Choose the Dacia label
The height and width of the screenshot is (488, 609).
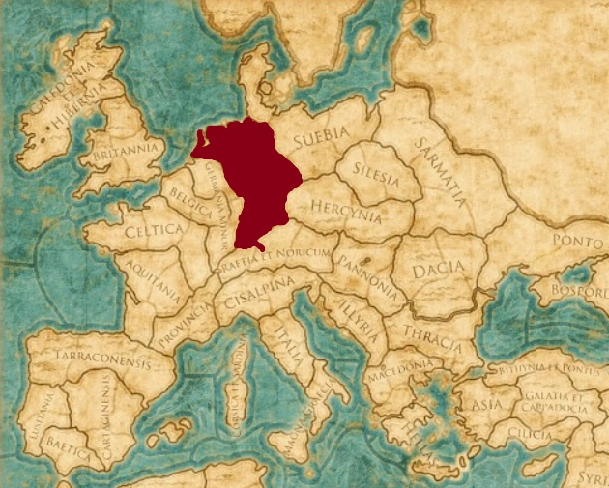pos(432,272)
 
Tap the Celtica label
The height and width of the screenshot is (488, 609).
pos(153,231)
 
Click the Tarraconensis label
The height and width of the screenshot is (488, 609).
pos(91,364)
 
